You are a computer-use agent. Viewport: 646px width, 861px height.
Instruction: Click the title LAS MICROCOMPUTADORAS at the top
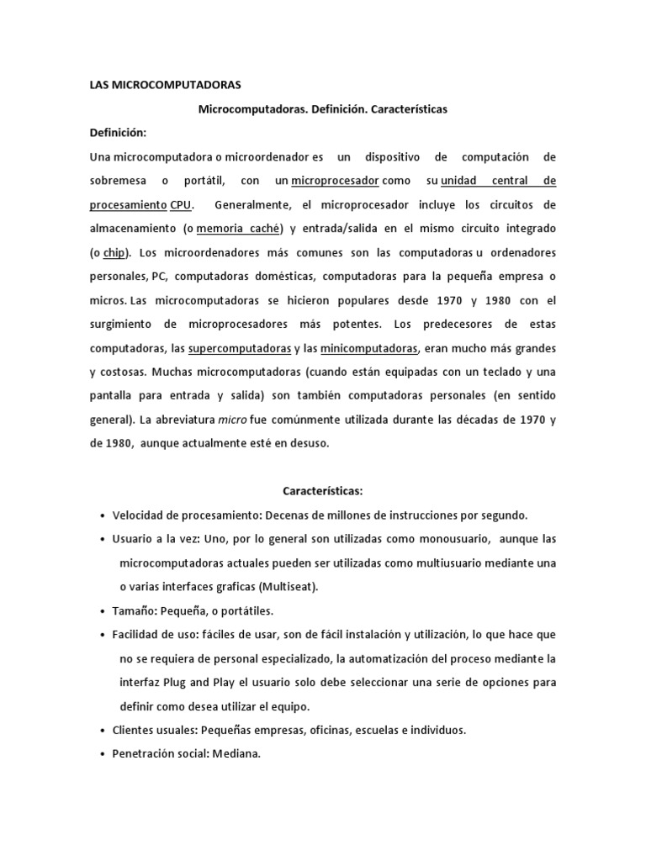tap(165, 85)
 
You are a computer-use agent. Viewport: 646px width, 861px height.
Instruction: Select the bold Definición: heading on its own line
tap(118, 133)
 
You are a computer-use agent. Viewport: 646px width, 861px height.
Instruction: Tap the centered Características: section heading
tap(323, 490)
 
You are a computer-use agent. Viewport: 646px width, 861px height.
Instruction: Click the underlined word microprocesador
tap(336, 181)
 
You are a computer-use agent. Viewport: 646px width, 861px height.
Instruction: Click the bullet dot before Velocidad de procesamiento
tap(102, 515)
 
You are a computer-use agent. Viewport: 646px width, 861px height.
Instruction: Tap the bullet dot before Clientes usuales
tap(102, 731)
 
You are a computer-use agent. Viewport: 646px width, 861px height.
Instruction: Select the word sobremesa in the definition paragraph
tap(118, 181)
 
